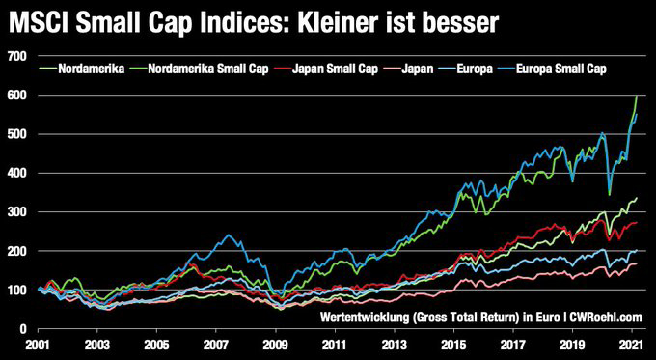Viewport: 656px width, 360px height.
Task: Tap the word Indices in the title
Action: tap(240, 20)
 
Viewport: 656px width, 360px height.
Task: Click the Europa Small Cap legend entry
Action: tap(565, 70)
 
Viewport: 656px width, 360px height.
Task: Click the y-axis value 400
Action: tap(16, 174)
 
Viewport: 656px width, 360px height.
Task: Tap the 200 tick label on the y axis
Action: tap(16, 251)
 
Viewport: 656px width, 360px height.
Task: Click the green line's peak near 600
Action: tap(636, 96)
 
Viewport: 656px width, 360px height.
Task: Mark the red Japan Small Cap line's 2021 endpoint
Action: tap(637, 223)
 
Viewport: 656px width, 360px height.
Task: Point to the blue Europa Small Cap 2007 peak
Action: tap(228, 235)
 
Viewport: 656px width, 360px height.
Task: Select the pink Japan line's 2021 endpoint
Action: tap(637, 263)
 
